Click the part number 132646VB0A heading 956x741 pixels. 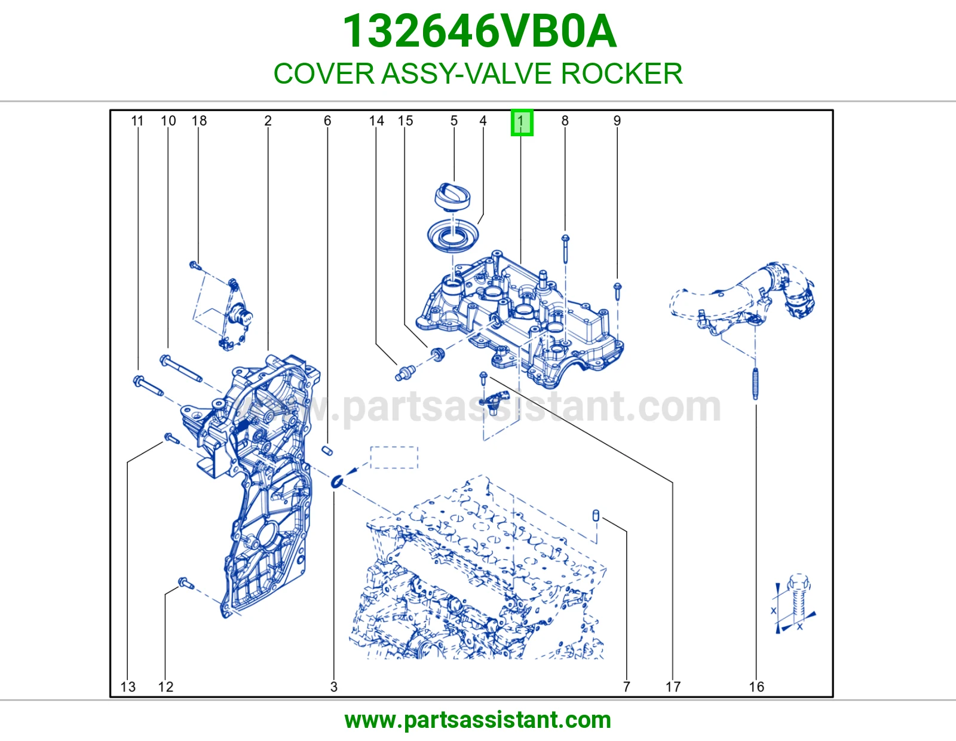pos(479,31)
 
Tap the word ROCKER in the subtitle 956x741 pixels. pos(621,74)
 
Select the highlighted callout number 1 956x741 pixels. pos(522,123)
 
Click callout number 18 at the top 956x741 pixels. pos(199,121)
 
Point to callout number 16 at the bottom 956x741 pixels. pos(756,687)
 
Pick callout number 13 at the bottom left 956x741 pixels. pos(128,687)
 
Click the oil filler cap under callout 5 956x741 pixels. pos(452,196)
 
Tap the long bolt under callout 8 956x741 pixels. pos(565,249)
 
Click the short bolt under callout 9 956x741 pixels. pos(617,291)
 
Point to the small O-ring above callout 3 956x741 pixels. pos(337,482)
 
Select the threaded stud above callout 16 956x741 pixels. pos(756,384)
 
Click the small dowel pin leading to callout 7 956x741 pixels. pos(596,515)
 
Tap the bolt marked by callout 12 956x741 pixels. pos(186,583)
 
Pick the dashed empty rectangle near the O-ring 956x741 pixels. pos(394,458)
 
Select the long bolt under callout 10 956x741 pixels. pos(181,368)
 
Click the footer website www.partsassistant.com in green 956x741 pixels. pos(478,720)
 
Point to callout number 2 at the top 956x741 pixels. pos(268,121)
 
